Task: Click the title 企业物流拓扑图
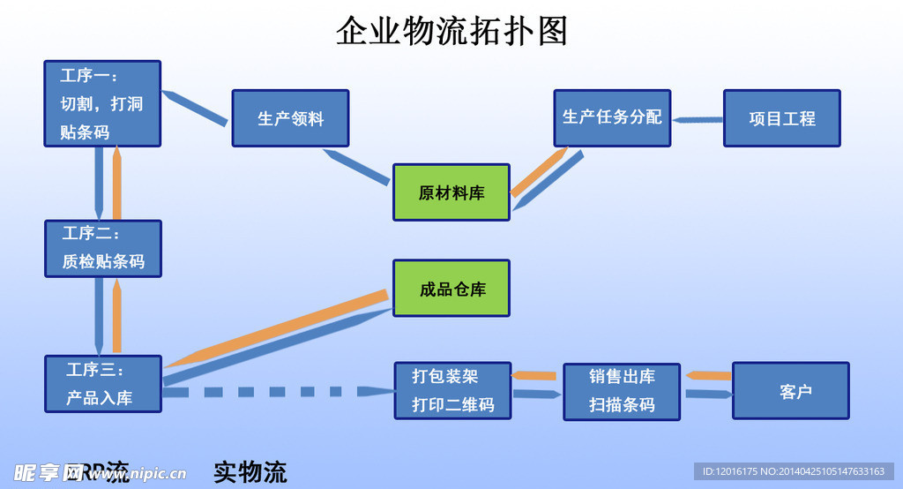[x=451, y=31]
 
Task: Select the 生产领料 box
[x=291, y=118]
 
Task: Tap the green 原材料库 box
[x=451, y=192]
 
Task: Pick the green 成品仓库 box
[x=451, y=289]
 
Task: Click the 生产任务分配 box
[x=612, y=117]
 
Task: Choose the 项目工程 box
[x=781, y=118]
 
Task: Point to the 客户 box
[x=791, y=391]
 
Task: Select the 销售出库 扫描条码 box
[x=622, y=391]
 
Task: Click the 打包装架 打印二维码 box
[x=452, y=390]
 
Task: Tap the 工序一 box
[x=102, y=103]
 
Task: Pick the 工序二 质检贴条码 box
[x=103, y=249]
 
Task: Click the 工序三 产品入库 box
[x=103, y=384]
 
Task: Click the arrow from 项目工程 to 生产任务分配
[x=697, y=118]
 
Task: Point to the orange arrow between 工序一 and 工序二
[x=117, y=184]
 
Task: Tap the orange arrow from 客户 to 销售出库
[x=710, y=376]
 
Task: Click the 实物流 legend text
[x=250, y=472]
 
